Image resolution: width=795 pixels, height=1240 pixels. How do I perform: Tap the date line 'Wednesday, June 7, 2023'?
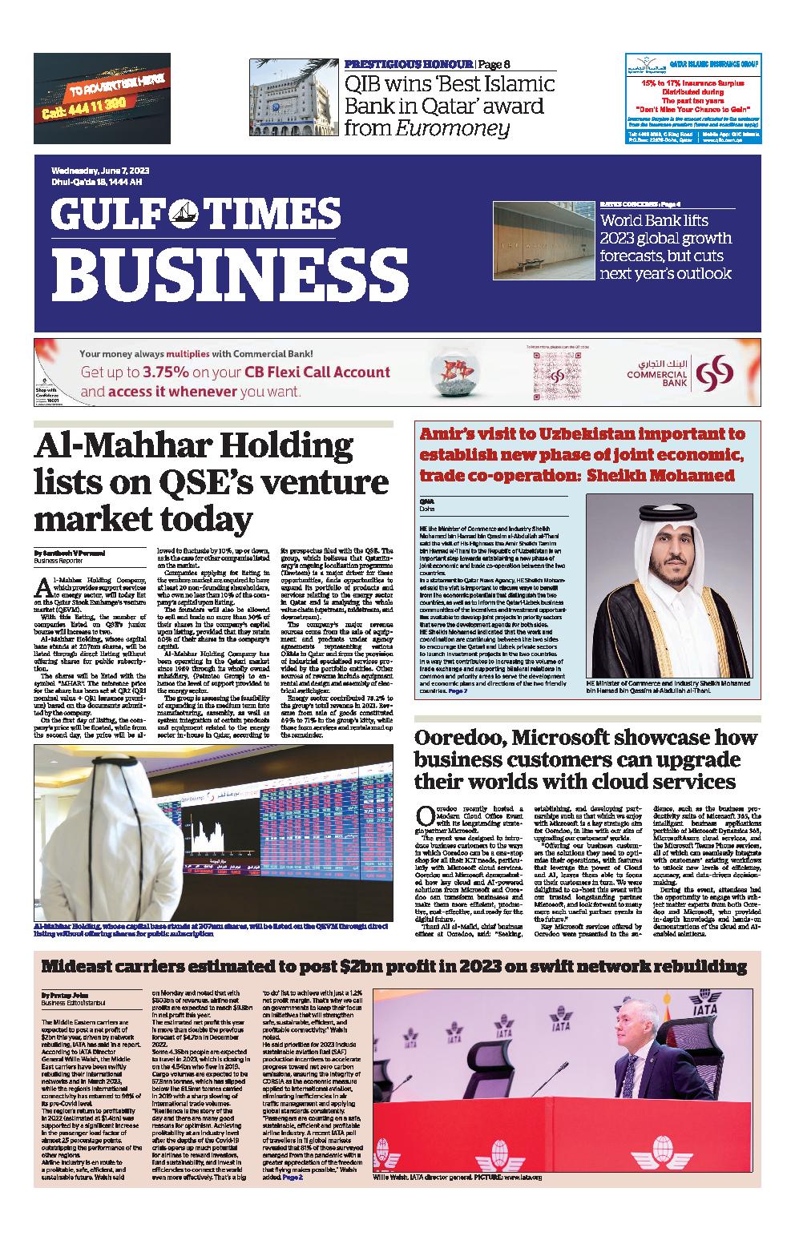point(100,171)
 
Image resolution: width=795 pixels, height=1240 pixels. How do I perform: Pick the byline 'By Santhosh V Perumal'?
point(70,553)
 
